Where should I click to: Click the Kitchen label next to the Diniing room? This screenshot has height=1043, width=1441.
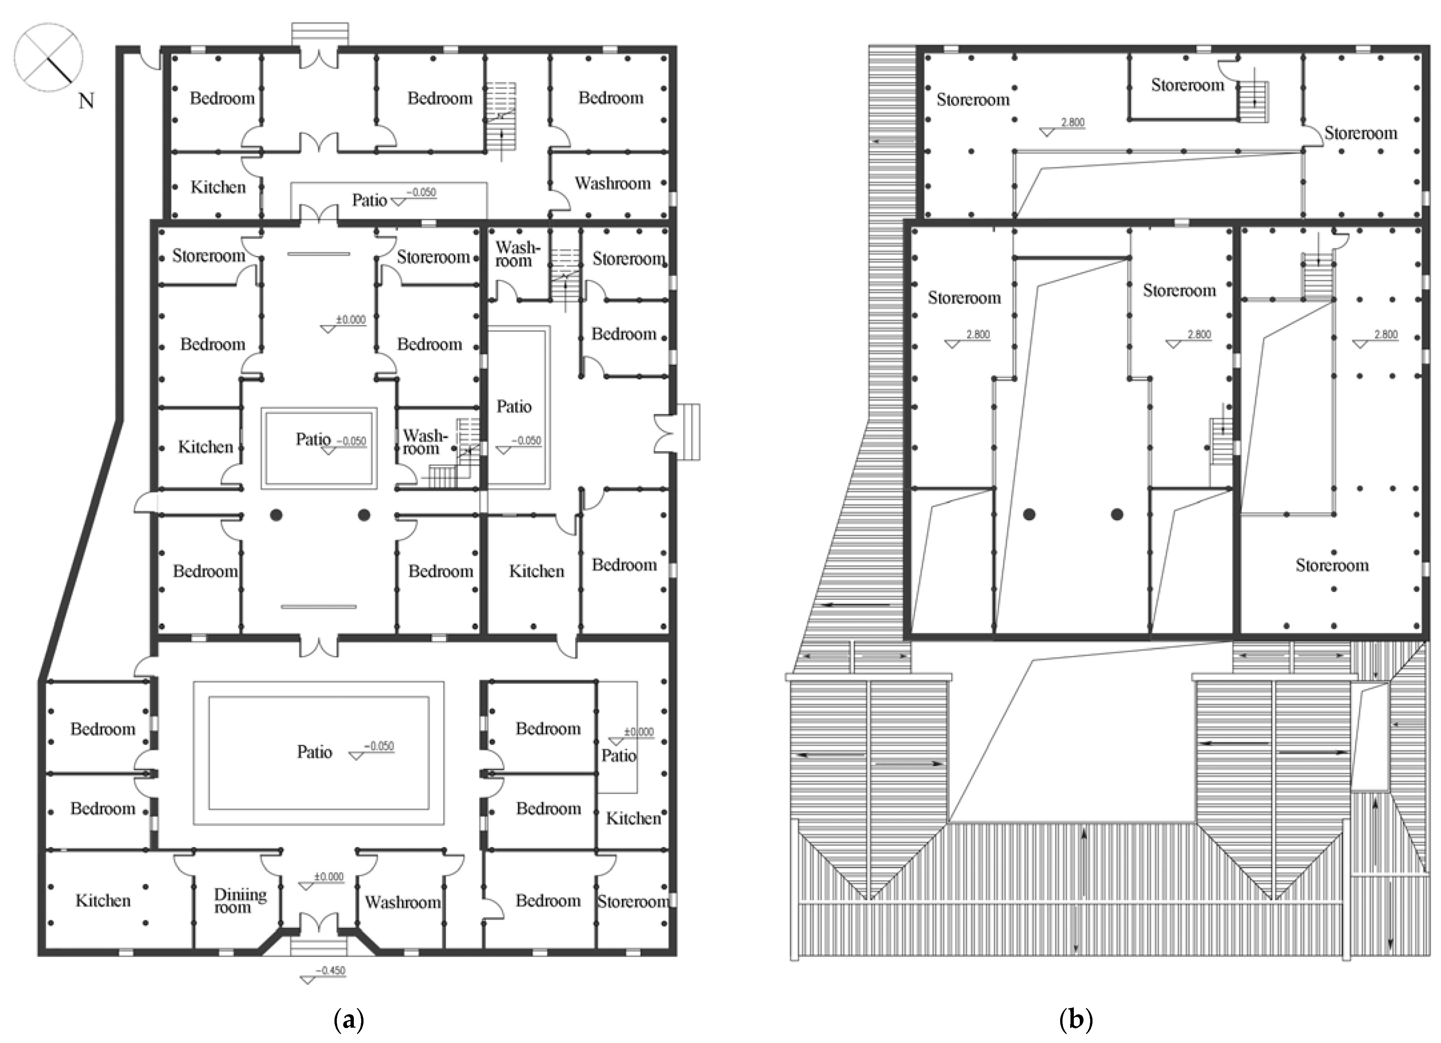pyautogui.click(x=103, y=901)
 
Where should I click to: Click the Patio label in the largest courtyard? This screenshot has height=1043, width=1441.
pyautogui.click(x=314, y=752)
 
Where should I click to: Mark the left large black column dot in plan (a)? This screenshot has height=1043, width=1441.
pyautogui.click(x=276, y=515)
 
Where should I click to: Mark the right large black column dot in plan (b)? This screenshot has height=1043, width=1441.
pyautogui.click(x=1117, y=515)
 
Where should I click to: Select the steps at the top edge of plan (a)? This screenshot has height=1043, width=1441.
pyautogui.click(x=319, y=34)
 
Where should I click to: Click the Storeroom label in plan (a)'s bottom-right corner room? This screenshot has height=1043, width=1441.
pyautogui.click(x=633, y=901)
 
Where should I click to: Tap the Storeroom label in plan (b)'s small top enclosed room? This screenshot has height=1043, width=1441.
pyautogui.click(x=1188, y=85)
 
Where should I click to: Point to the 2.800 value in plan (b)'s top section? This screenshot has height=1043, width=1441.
pyautogui.click(x=1072, y=123)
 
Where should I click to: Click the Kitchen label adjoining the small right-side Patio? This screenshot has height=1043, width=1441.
pyautogui.click(x=633, y=818)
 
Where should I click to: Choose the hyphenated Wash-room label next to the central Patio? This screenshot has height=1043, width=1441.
pyautogui.click(x=425, y=442)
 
